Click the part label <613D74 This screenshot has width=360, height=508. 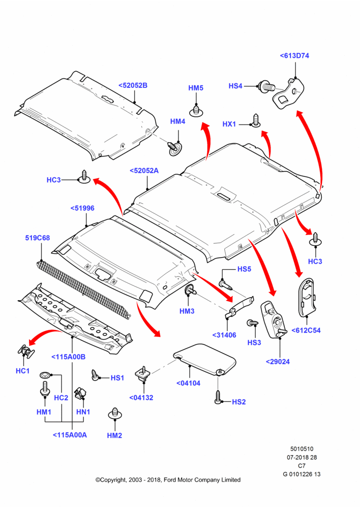point(294,56)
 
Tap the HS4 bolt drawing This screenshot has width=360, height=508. point(267,87)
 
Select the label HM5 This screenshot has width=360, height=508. point(196,88)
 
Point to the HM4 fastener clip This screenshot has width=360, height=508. point(174,148)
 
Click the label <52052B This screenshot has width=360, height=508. point(133,85)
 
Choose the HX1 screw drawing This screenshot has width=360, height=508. point(256,120)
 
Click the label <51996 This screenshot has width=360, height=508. point(82,208)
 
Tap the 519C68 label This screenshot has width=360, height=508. point(38,238)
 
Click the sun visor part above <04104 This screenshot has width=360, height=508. point(204,359)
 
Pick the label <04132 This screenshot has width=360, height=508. point(141,398)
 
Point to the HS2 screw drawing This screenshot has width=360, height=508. point(218,397)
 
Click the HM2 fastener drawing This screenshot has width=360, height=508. point(114,414)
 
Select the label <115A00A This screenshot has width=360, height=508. point(70,435)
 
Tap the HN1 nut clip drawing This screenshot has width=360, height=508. point(80,393)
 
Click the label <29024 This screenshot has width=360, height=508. point(278,362)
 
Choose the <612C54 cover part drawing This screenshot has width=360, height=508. point(307,297)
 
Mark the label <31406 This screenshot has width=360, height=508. point(224,335)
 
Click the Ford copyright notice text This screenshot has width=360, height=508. point(168,480)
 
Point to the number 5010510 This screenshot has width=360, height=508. point(302,449)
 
